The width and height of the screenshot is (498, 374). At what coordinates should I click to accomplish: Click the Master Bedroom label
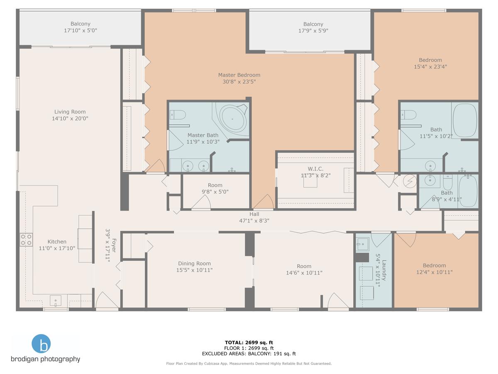(239, 75)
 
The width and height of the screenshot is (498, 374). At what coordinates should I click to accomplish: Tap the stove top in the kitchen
(26, 240)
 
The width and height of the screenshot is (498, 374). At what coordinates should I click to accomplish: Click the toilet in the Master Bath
(178, 115)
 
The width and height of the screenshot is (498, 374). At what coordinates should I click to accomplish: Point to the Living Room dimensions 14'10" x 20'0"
(70, 118)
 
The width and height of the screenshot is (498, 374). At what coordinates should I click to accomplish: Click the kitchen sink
(56, 300)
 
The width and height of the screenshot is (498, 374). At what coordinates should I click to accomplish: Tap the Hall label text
(254, 214)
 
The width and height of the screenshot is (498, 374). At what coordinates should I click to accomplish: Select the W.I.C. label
(315, 169)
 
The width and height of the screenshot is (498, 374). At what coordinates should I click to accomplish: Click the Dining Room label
(195, 263)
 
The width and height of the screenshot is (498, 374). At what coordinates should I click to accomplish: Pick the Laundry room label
(384, 270)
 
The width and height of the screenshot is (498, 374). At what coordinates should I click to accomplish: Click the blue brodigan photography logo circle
(41, 344)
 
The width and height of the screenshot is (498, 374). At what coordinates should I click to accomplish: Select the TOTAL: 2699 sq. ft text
(249, 342)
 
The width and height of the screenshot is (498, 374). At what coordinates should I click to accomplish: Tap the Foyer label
(114, 246)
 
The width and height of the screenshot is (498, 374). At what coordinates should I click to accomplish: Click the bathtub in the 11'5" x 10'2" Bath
(465, 120)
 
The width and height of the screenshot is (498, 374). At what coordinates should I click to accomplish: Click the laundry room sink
(362, 244)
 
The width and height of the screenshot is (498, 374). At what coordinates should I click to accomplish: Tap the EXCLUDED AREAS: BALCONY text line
(249, 354)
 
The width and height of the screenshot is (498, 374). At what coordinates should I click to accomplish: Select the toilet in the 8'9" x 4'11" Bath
(448, 182)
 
